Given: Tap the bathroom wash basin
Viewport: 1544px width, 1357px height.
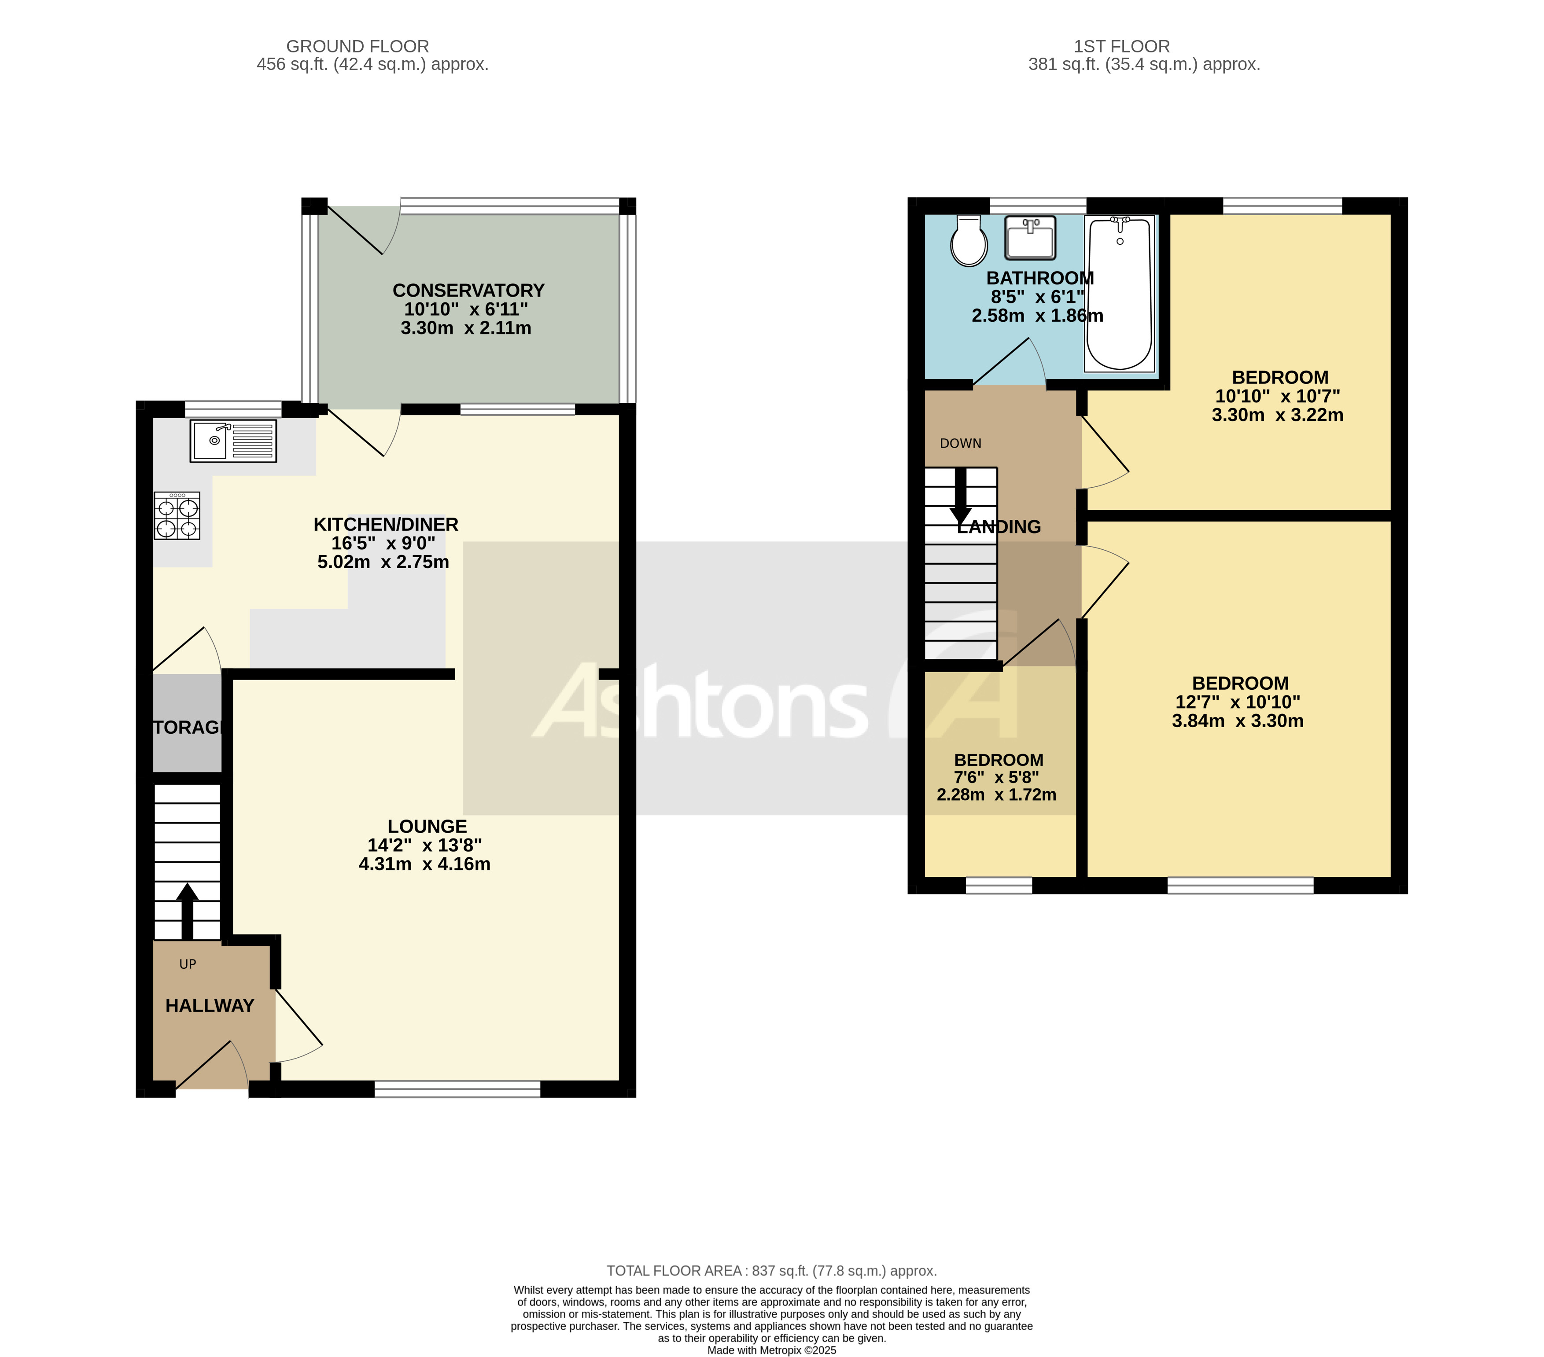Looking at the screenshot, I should [x=1030, y=237].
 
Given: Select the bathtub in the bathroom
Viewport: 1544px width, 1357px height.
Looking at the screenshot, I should [x=1120, y=294].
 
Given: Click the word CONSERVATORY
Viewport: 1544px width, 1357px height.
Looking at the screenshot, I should [x=468, y=291].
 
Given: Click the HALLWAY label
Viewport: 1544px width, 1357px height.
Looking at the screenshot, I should [x=209, y=1006].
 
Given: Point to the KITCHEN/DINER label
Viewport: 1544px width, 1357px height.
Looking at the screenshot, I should [x=385, y=524].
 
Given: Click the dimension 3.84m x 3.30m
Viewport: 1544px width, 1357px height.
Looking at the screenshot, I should [x=1237, y=721].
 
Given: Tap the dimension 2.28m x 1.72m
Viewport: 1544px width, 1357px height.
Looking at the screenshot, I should [x=996, y=794].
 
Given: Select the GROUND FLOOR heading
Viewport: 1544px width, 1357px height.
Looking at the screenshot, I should [x=357, y=47].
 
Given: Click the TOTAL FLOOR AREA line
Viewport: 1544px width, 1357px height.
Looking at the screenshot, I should [x=771, y=1271].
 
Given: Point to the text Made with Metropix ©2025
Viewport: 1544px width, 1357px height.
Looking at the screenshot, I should [x=771, y=1350].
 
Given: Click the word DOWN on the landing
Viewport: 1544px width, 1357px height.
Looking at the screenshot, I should [x=960, y=443].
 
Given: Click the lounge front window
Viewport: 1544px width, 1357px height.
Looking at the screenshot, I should [x=457, y=1089].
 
